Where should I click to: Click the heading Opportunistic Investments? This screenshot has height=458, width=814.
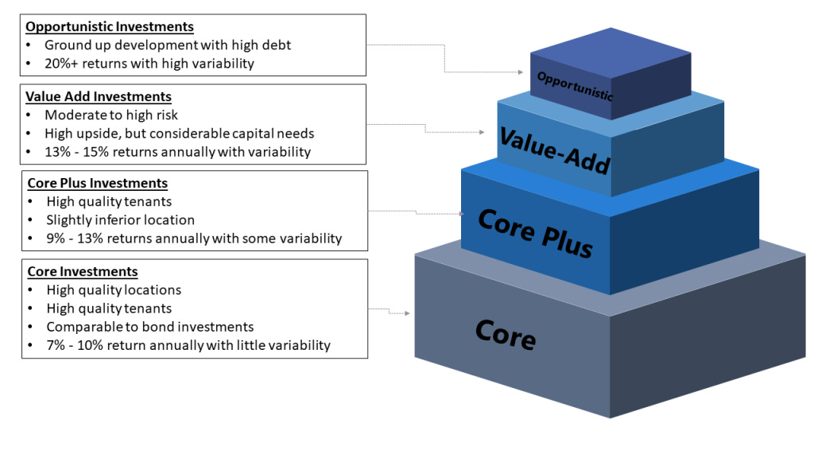110,26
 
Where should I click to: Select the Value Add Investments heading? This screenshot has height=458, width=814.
99,96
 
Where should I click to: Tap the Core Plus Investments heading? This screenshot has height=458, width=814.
98,184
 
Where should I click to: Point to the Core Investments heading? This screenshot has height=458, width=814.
83,271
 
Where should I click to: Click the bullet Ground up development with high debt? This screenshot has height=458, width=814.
168,45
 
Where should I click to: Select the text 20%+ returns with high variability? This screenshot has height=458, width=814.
149,64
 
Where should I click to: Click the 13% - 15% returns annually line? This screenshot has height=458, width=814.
178,151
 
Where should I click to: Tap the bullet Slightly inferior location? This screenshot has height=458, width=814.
120,219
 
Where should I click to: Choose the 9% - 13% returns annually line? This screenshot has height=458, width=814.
194,238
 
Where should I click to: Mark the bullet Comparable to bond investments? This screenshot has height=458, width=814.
150,327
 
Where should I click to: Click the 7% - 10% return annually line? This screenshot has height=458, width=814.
188,345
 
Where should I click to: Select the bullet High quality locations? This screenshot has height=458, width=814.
114,290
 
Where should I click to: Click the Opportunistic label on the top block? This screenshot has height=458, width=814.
575,86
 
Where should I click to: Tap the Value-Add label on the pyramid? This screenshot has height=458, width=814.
554,149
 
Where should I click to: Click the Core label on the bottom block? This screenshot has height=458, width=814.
506,334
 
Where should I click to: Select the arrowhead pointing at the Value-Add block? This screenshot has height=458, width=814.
482,132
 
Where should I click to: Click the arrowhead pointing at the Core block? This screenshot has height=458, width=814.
408,313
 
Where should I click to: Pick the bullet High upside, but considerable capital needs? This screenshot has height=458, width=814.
180,133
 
